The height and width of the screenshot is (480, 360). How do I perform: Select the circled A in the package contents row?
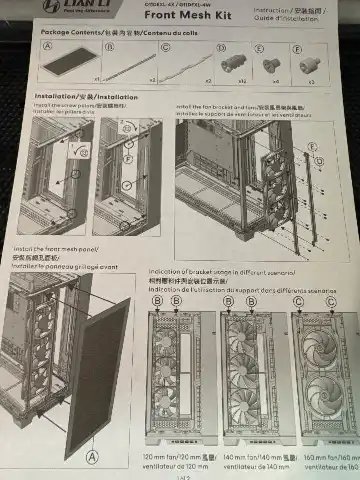point(48,47)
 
